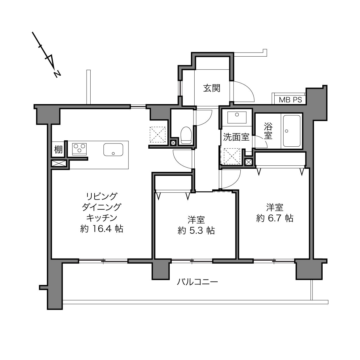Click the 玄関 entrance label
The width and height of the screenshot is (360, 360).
(212, 88)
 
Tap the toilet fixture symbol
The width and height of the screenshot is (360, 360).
(186, 135)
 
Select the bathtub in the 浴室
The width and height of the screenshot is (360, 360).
(292, 131)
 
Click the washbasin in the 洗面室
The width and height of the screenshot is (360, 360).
(237, 117)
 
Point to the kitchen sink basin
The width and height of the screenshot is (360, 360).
(113, 150)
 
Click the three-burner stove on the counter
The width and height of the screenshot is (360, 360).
(79, 149)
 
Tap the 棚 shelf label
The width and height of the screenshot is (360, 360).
(58, 150)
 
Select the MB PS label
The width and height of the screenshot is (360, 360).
(290, 100)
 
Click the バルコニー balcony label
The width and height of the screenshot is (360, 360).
(197, 282)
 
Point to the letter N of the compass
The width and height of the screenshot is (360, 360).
(57, 74)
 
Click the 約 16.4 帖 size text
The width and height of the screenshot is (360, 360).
(102, 229)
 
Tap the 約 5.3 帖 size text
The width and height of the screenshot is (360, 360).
(196, 231)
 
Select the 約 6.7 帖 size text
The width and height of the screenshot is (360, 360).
(275, 218)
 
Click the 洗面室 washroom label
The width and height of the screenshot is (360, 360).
(236, 137)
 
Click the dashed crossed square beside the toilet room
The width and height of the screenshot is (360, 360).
(158, 135)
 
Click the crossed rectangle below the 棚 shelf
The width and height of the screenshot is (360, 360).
(59, 163)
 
